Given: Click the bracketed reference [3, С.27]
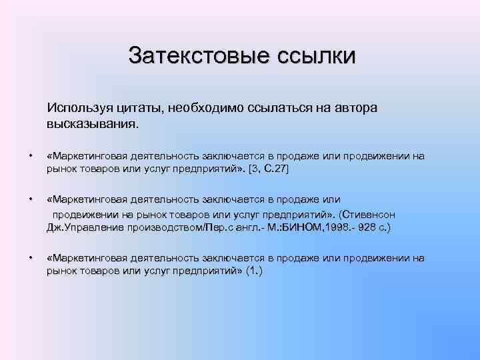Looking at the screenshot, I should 269,170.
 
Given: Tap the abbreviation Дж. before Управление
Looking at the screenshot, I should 55,228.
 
